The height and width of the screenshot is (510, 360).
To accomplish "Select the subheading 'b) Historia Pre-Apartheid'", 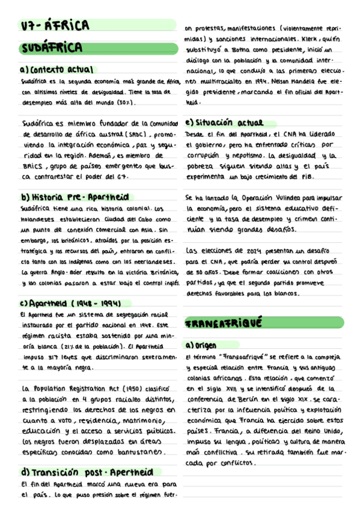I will (75, 197).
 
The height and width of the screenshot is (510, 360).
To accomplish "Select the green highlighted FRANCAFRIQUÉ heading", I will (224, 324).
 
